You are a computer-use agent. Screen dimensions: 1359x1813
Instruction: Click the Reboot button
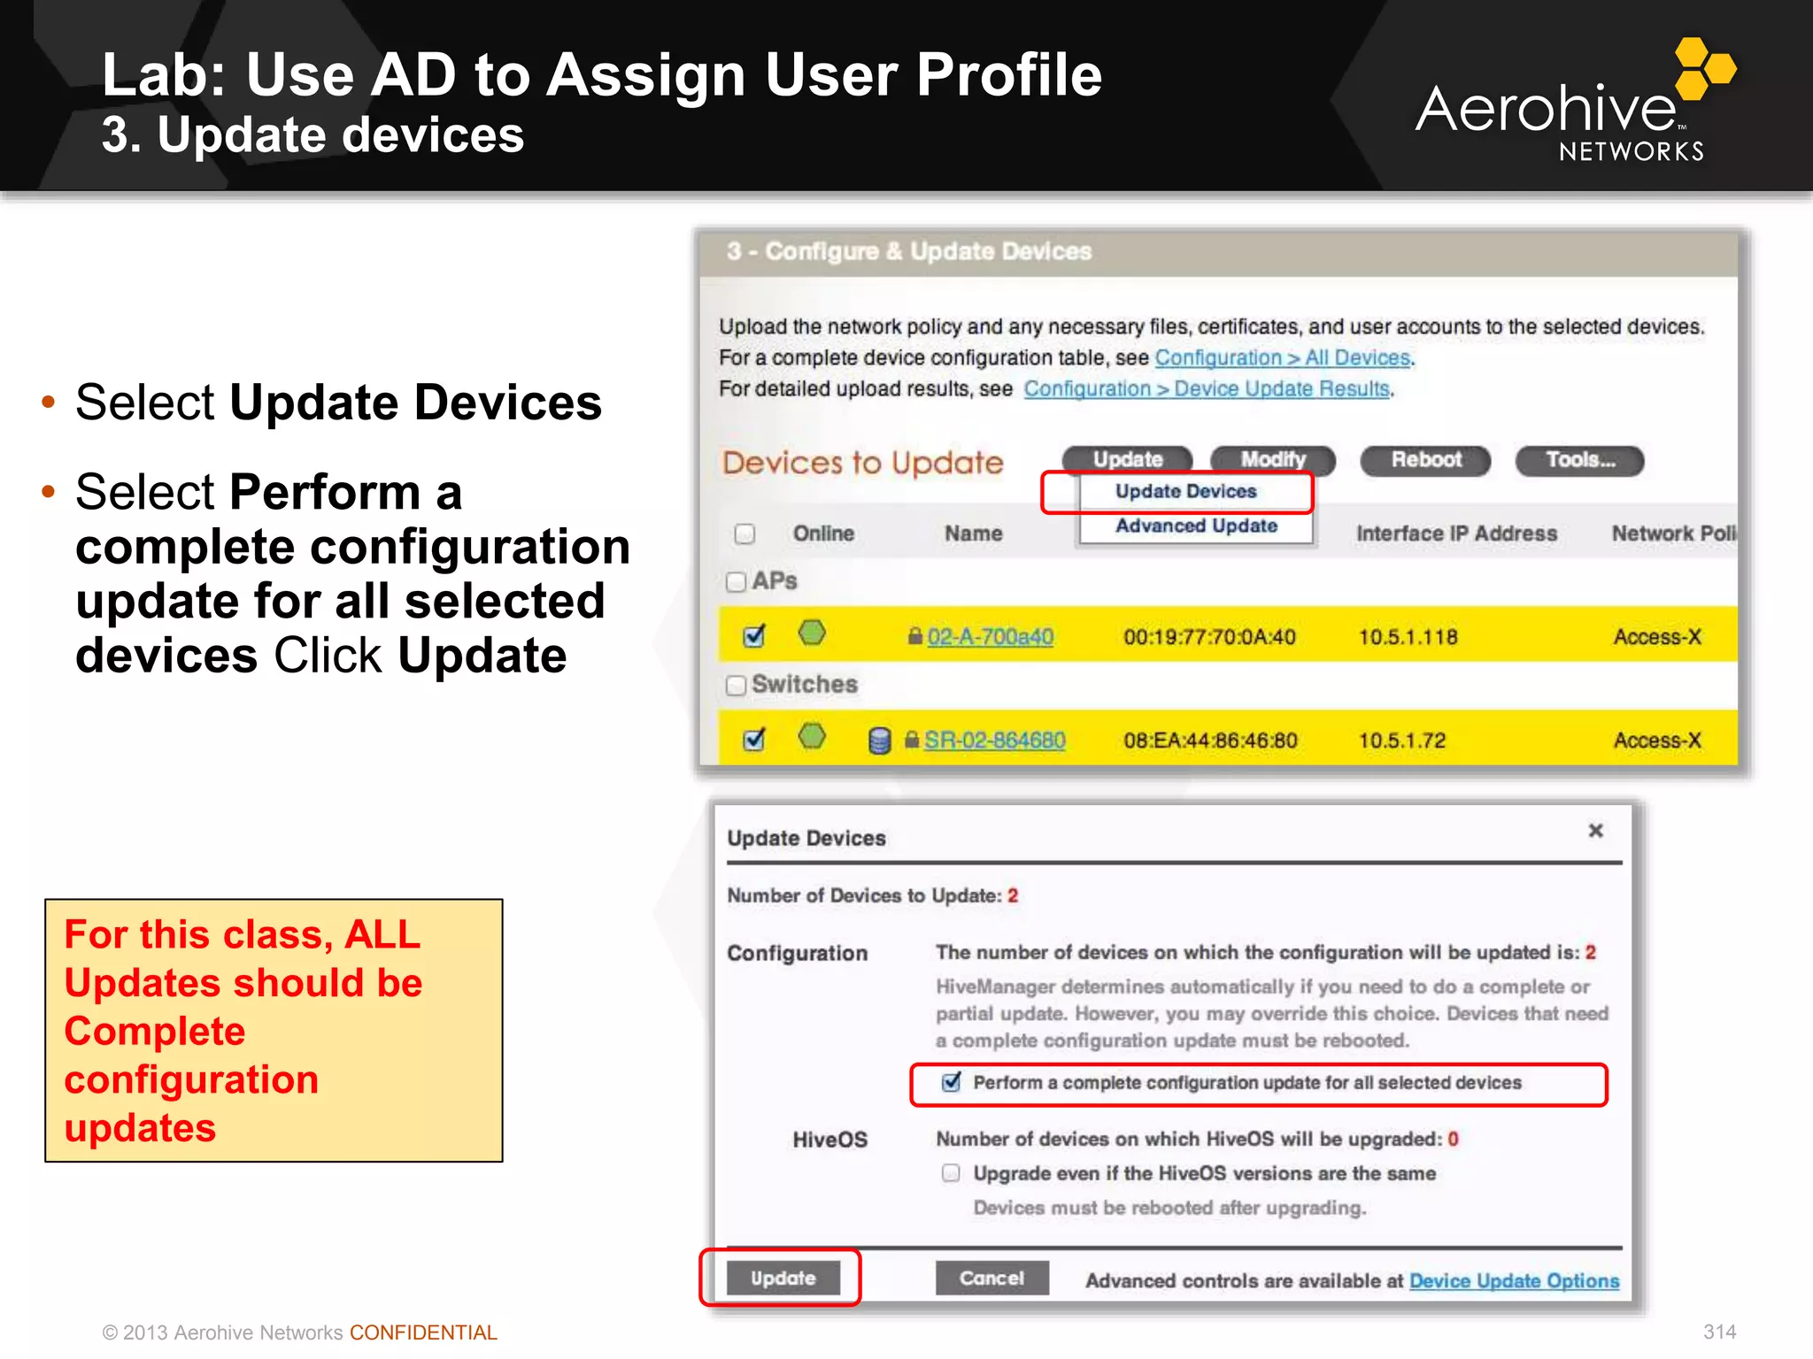[x=1425, y=460]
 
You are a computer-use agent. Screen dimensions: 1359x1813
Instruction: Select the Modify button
[x=1272, y=460]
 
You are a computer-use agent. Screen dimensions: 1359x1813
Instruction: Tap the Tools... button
[x=1579, y=460]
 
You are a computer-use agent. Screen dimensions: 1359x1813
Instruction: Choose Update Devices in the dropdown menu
[x=1185, y=492]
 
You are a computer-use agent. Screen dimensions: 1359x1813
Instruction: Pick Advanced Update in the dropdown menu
[x=1196, y=526]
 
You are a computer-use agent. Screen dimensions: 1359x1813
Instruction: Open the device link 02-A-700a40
[x=990, y=637]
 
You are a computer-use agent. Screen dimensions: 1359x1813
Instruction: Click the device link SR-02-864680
[x=994, y=741]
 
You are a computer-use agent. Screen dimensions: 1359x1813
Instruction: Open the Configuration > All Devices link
[x=1282, y=357]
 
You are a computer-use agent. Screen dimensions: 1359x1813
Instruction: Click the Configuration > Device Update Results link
[x=1206, y=388]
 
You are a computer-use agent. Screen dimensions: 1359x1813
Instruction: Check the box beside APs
[x=736, y=582]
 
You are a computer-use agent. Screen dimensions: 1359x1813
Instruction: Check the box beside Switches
[x=736, y=686]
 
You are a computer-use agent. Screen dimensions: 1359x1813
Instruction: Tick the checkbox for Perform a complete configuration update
[x=952, y=1082]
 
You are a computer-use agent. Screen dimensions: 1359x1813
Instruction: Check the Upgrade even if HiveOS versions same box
[x=951, y=1173]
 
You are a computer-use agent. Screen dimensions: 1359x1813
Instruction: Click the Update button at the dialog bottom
[x=783, y=1278]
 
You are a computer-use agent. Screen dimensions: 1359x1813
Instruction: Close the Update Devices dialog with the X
[x=1595, y=831]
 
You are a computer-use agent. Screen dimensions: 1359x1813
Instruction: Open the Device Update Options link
[x=1514, y=1281]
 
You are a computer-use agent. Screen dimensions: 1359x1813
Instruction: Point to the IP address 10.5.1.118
[x=1408, y=637]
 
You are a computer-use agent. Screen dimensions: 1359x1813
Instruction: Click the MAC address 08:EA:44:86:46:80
[x=1210, y=741]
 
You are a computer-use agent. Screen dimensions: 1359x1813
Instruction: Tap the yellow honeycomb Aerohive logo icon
[x=1704, y=67]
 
